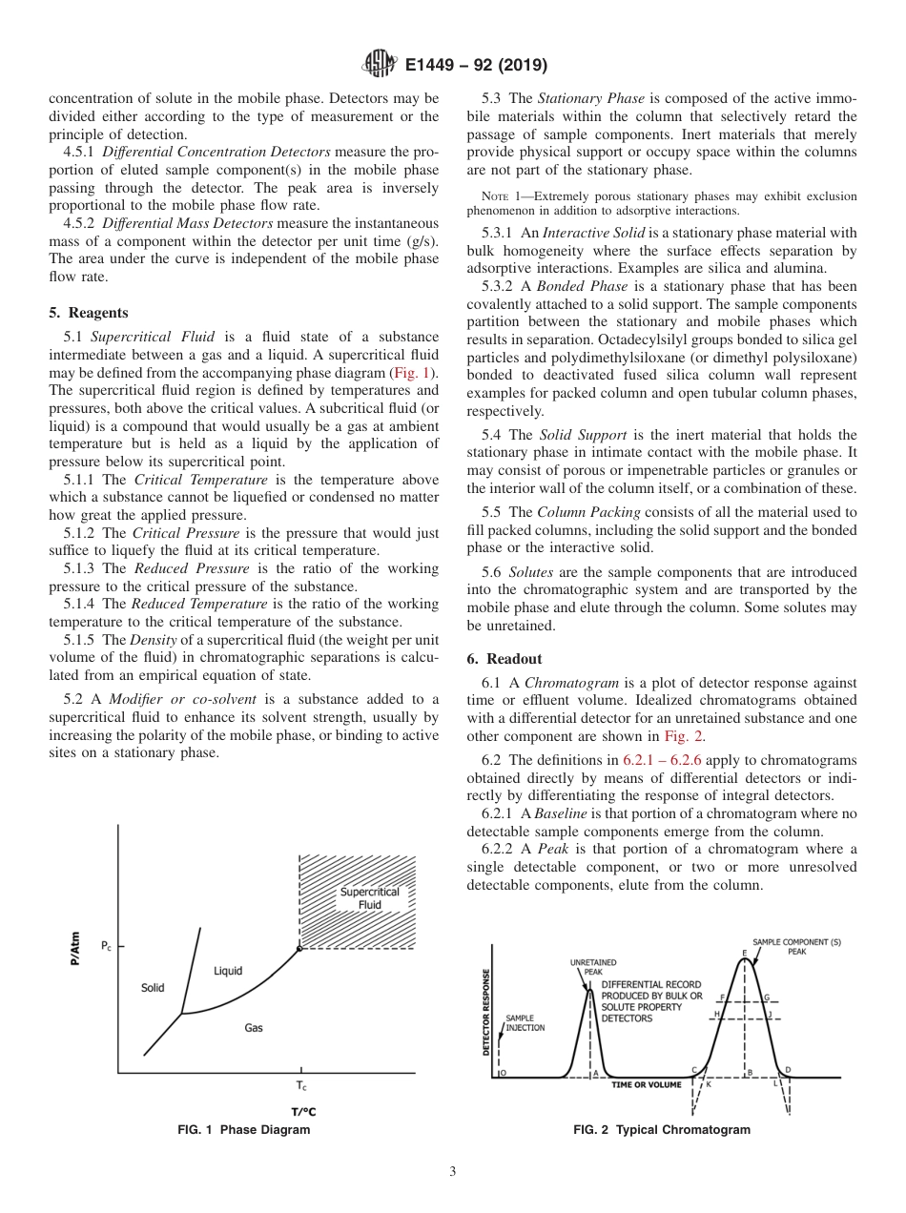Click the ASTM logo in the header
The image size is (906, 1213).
[x=381, y=65]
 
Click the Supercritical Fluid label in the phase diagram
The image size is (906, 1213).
[x=370, y=898]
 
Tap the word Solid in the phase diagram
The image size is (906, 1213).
[x=153, y=988]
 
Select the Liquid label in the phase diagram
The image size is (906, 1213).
[x=228, y=971]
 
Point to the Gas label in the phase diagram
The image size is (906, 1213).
[x=254, y=1028]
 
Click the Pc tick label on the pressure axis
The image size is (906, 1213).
[x=106, y=947]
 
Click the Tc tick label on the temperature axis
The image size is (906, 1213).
[x=301, y=1086]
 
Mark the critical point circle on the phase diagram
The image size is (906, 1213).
[x=299, y=948]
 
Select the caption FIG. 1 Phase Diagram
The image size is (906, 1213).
[x=244, y=1129]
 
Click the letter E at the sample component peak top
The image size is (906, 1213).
[x=744, y=953]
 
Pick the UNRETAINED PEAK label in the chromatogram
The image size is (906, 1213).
[x=593, y=967]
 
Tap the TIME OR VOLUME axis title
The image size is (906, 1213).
[x=647, y=1084]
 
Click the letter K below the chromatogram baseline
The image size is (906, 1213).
[x=709, y=1084]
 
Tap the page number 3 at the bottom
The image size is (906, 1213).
[x=453, y=1172]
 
